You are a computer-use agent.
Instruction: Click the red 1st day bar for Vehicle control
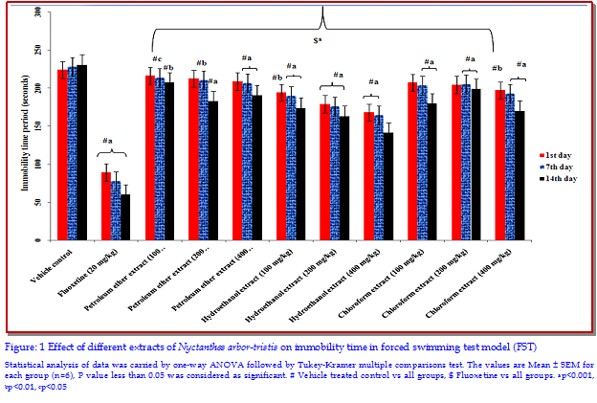point(62,153)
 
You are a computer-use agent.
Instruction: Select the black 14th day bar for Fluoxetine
point(125,216)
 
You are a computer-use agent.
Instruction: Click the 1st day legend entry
point(557,153)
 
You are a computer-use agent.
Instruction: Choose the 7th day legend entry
point(558,166)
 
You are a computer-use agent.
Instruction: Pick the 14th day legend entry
point(559,178)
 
